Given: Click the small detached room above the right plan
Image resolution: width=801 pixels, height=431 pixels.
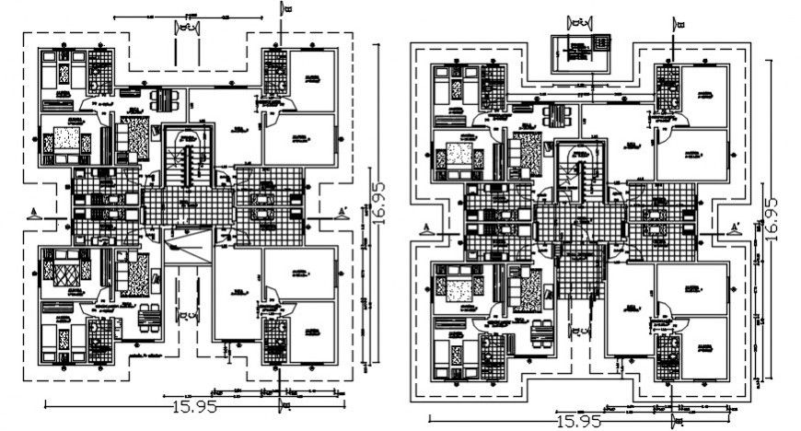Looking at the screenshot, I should click(x=579, y=52).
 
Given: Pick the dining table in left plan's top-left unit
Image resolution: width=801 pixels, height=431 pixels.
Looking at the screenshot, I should click(x=158, y=99).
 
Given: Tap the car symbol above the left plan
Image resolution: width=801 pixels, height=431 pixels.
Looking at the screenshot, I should click(x=188, y=29).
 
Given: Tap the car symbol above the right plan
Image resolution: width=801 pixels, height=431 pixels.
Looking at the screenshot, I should click(x=580, y=20).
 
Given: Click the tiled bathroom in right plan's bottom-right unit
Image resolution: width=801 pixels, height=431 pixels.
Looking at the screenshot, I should click(x=668, y=354).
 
